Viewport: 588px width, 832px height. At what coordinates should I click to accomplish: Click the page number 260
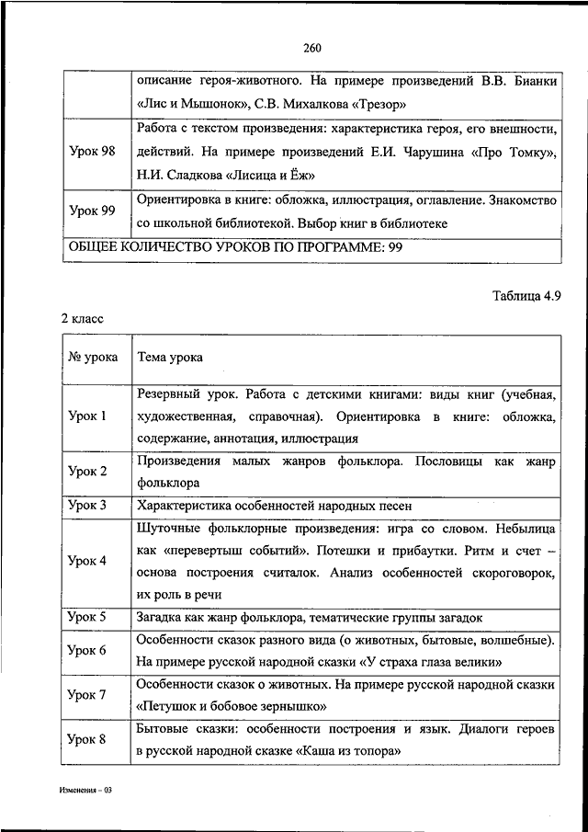click(x=310, y=49)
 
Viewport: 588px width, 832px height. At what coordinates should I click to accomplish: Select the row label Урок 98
click(x=92, y=152)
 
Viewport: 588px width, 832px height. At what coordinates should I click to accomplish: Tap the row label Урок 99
click(x=92, y=211)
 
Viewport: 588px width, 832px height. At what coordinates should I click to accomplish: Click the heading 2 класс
click(x=83, y=318)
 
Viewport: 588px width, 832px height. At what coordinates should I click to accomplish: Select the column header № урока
click(x=93, y=357)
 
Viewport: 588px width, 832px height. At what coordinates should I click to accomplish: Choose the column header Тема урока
click(x=170, y=357)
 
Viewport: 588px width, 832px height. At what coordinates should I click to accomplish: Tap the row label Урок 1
click(x=87, y=416)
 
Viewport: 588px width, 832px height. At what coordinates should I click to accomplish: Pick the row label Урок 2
click(x=87, y=471)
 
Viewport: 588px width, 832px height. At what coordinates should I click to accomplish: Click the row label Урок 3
click(x=87, y=506)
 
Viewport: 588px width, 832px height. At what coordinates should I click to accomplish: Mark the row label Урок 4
click(x=87, y=561)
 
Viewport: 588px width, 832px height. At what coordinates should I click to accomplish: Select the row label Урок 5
click(x=87, y=617)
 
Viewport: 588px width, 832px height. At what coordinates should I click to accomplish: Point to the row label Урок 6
click(x=87, y=650)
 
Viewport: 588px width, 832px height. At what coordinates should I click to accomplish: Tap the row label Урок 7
click(x=87, y=695)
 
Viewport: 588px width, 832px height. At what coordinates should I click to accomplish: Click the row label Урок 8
click(x=87, y=739)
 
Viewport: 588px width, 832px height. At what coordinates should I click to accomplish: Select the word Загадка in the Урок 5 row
click(x=163, y=617)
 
